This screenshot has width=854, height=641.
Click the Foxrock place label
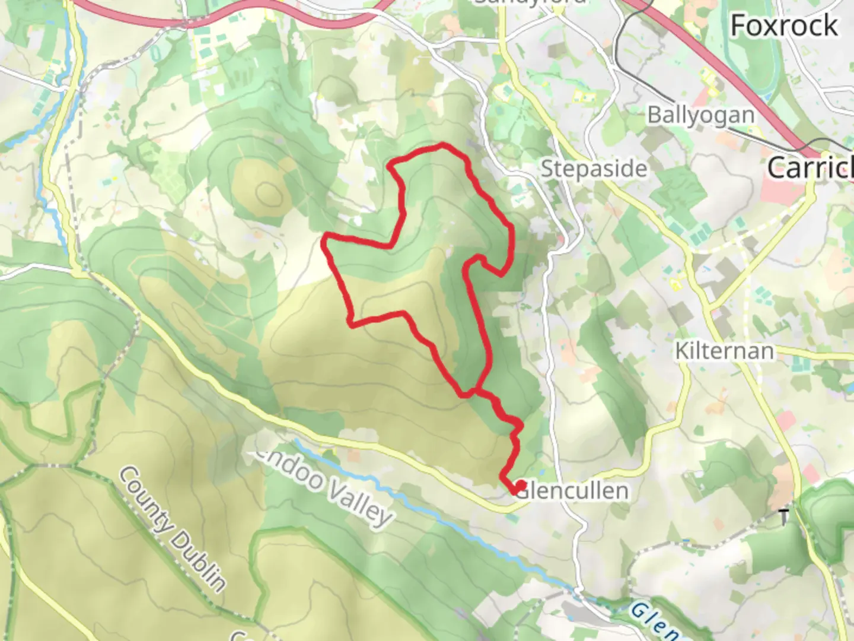tap(784, 26)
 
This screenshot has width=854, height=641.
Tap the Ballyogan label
tap(700, 115)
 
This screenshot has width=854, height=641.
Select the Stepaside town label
tap(594, 169)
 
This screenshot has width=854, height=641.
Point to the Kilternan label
tap(724, 351)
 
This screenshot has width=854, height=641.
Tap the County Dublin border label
tap(173, 529)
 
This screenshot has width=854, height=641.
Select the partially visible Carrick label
tap(810, 168)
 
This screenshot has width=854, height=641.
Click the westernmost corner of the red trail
tap(324, 240)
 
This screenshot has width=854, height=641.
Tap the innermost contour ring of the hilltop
tap(267, 192)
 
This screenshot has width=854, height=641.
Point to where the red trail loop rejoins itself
tap(474, 392)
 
